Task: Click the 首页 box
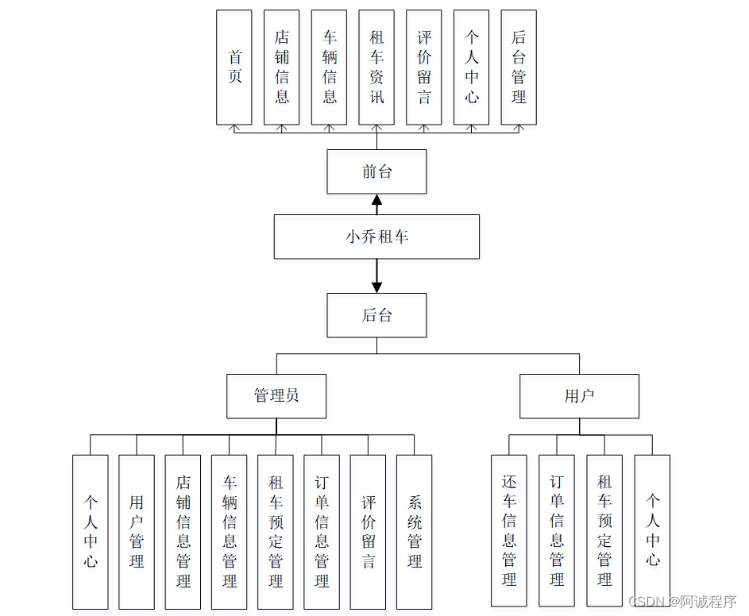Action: tap(234, 67)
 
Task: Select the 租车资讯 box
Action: tap(376, 67)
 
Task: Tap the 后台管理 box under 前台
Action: tap(519, 67)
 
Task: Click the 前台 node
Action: tap(376, 171)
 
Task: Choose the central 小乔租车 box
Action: tap(376, 237)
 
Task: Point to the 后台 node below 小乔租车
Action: tap(376, 315)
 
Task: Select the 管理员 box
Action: tap(276, 396)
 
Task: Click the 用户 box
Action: tap(579, 396)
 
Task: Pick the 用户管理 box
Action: tap(137, 532)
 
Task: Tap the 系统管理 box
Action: tap(414, 532)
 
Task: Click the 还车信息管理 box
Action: tap(509, 530)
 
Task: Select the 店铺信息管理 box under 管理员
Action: tap(183, 532)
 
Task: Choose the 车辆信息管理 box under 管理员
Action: tap(229, 532)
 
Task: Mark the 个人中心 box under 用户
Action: tap(652, 530)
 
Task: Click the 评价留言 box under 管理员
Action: tap(368, 532)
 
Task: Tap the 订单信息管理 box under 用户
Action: tap(557, 530)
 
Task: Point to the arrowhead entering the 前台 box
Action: tap(377, 199)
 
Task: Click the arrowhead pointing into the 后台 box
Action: tap(377, 287)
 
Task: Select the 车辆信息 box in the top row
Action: tap(329, 67)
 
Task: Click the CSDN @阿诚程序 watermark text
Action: tap(682, 602)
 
